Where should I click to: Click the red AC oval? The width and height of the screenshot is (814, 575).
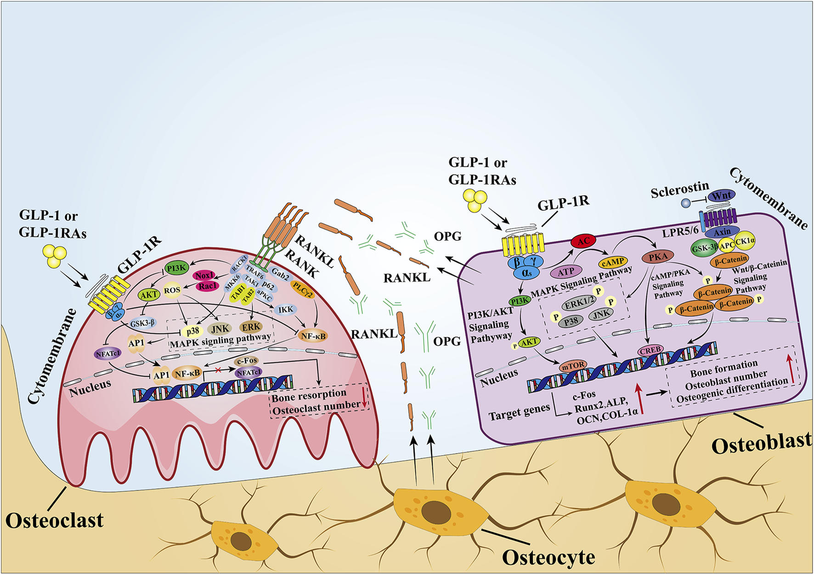(583, 241)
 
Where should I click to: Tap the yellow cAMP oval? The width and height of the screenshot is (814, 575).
(613, 262)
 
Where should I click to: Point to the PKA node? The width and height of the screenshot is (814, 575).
(658, 256)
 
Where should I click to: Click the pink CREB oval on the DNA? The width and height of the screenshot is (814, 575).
(650, 350)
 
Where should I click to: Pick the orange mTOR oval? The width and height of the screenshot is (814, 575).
(573, 365)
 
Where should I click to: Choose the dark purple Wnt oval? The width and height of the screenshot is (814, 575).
(721, 196)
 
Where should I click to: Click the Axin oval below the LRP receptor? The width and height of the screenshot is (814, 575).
(722, 232)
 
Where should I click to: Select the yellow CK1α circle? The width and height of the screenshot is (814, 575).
(745, 241)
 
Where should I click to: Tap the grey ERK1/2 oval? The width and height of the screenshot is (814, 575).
(579, 304)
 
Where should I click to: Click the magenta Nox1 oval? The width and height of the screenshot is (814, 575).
(204, 275)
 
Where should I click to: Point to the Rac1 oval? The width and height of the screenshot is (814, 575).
(207, 286)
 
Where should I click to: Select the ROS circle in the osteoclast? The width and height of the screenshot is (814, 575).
(172, 290)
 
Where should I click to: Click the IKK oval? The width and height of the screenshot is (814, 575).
(285, 310)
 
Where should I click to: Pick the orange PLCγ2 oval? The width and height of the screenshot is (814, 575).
(303, 290)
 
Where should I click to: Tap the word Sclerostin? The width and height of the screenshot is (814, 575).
(679, 189)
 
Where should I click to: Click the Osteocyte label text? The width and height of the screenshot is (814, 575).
(548, 558)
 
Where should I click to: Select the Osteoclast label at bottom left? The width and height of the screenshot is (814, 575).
(54, 521)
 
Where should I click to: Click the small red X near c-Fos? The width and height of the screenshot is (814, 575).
(218, 370)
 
